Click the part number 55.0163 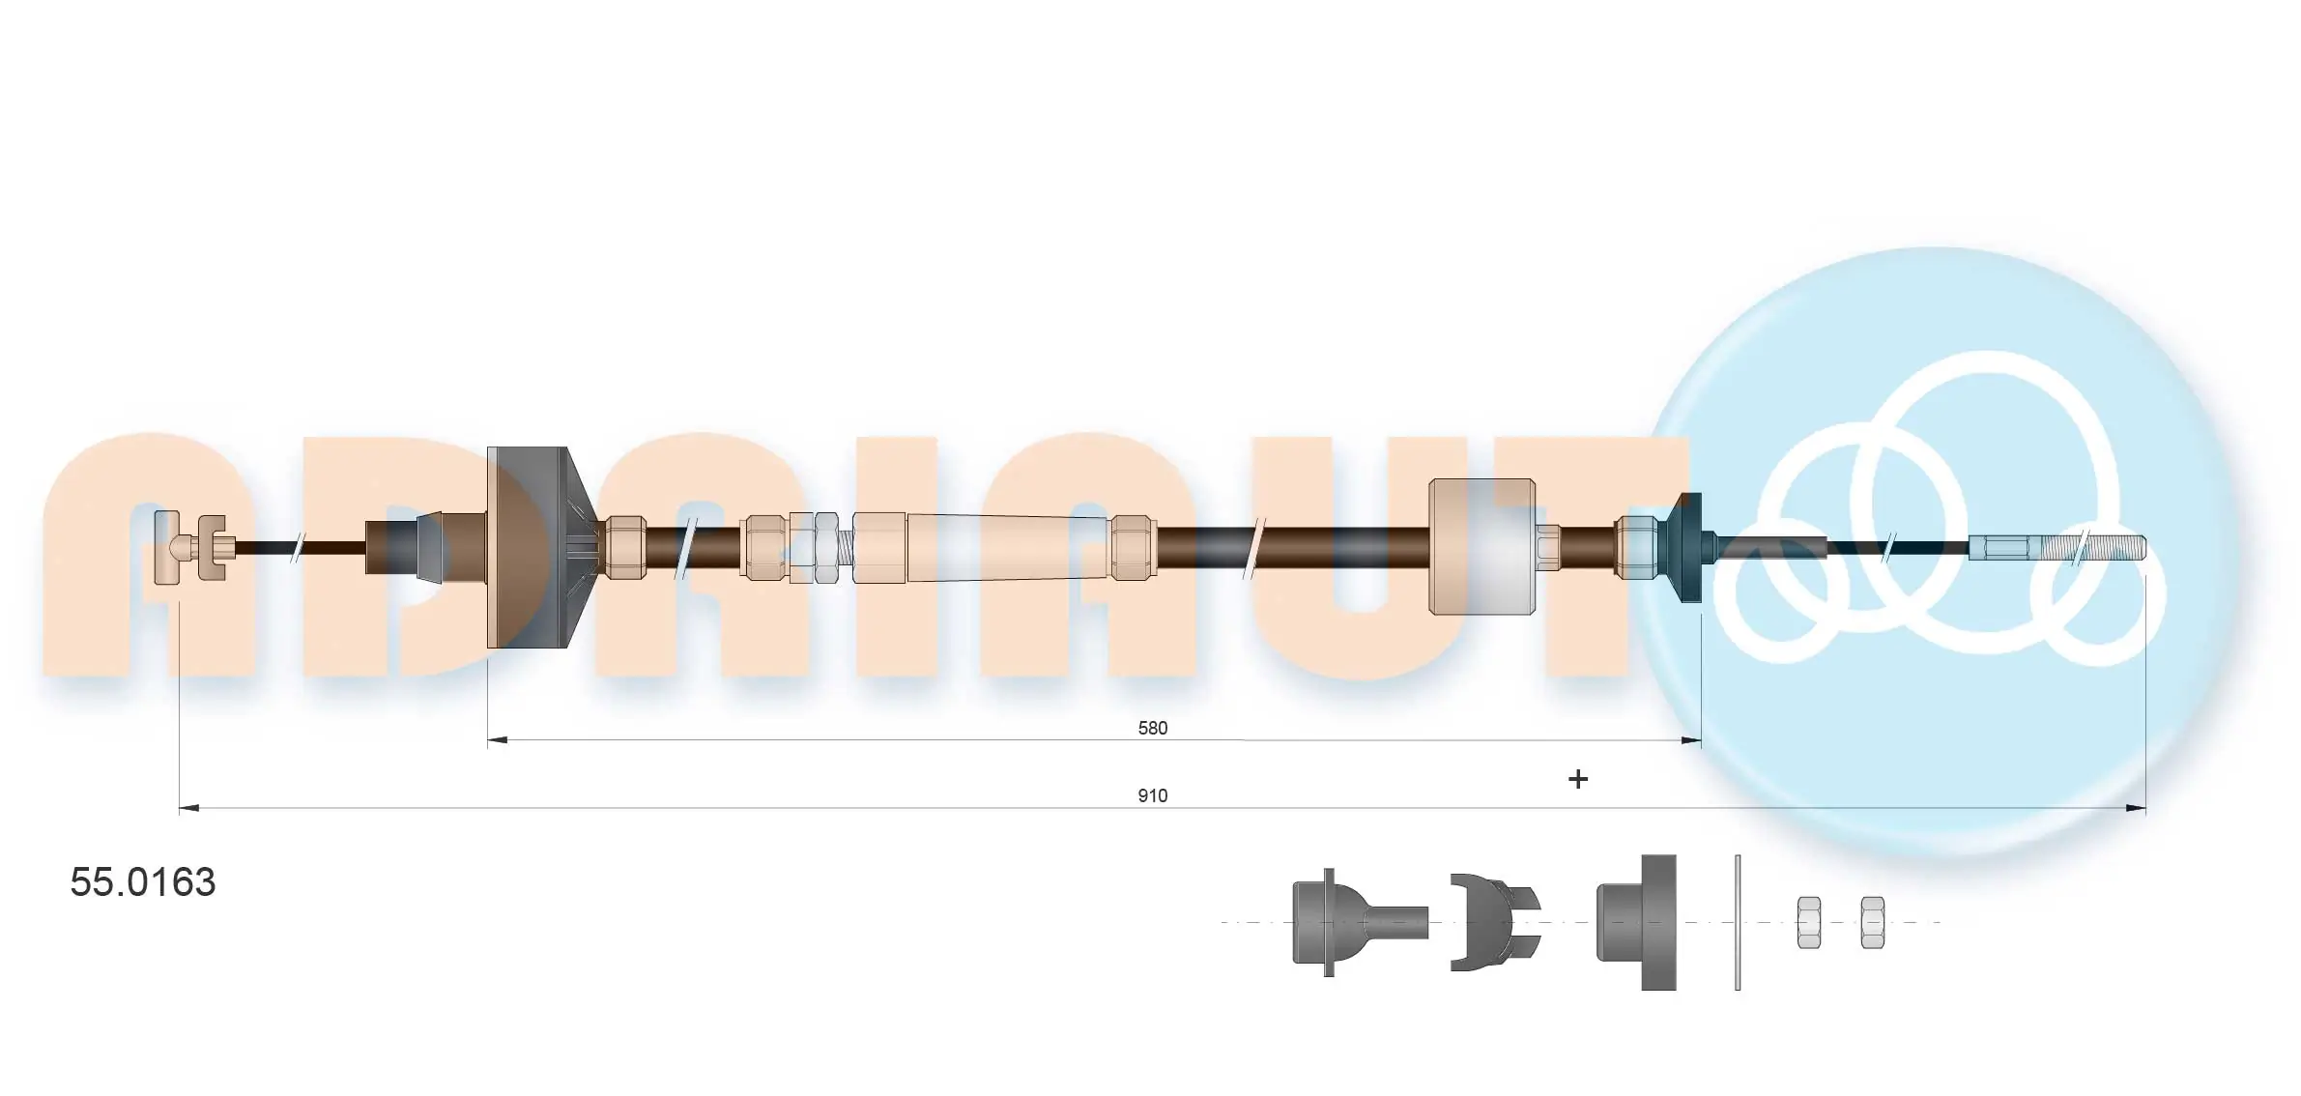tap(143, 882)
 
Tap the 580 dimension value tap(1152, 728)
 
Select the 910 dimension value tap(1152, 795)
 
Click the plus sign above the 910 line tap(1577, 779)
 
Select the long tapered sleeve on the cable tap(1005, 548)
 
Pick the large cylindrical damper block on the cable tap(1481, 547)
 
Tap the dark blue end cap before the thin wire tap(1687, 547)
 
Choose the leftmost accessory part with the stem tap(1353, 922)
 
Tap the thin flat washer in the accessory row tap(1737, 922)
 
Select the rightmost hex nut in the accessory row tap(1872, 922)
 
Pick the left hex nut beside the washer tap(1808, 922)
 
